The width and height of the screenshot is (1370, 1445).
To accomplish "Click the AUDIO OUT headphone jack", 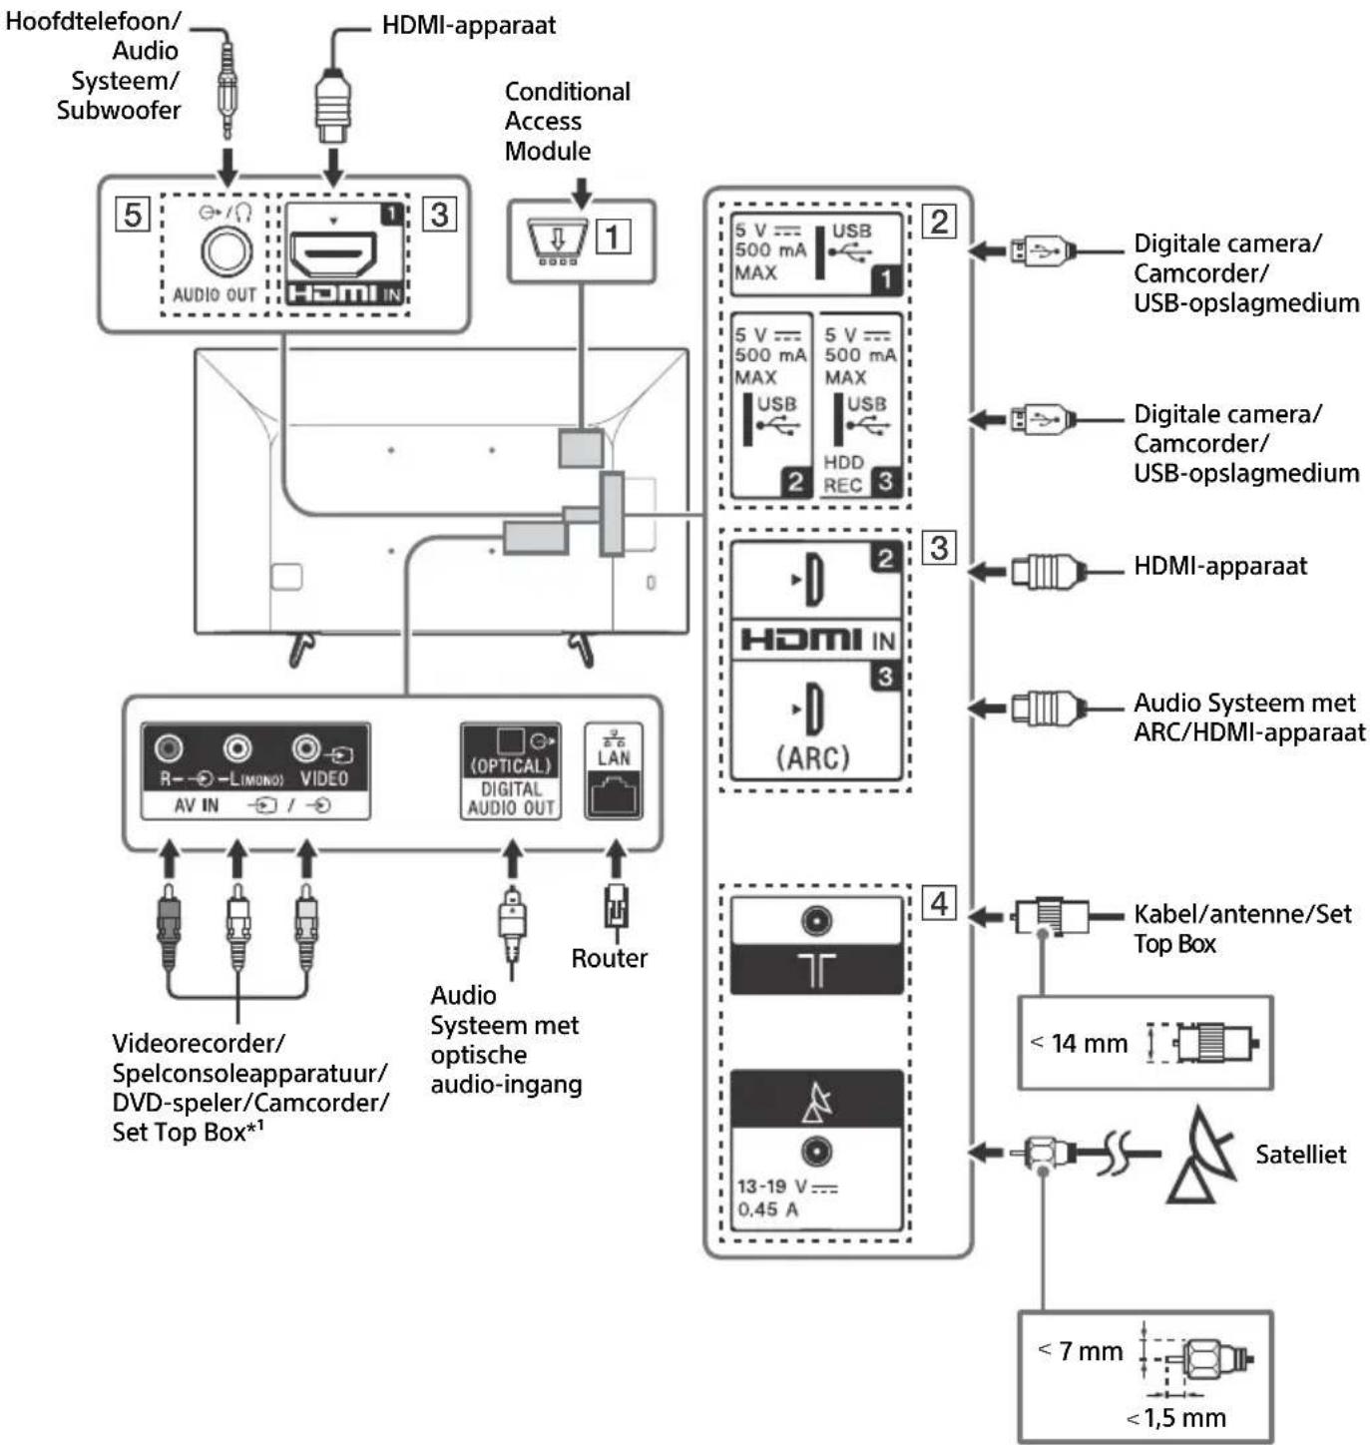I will click(226, 251).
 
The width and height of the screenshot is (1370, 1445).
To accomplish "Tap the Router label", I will click(609, 958).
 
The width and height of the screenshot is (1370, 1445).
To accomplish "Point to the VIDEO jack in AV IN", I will click(307, 747).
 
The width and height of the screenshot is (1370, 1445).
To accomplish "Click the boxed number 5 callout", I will click(133, 215).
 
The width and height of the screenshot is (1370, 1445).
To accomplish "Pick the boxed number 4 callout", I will click(939, 903).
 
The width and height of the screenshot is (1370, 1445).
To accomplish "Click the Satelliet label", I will click(1299, 1155).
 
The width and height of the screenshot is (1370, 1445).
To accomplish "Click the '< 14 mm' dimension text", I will click(1080, 1044).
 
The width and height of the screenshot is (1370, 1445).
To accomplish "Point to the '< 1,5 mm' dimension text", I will click(1177, 1418).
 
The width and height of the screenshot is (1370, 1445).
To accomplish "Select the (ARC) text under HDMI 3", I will click(813, 757).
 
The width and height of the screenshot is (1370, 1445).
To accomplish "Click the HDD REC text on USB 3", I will click(843, 474).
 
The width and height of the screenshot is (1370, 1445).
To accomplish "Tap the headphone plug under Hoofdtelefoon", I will click(228, 95).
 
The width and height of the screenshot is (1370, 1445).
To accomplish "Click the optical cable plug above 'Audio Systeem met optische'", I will click(512, 923).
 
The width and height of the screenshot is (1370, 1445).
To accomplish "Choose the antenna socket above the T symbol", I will click(816, 920).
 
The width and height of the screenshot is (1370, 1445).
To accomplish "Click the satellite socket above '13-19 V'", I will click(816, 1152).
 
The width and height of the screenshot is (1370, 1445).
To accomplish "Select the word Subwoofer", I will click(118, 110).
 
